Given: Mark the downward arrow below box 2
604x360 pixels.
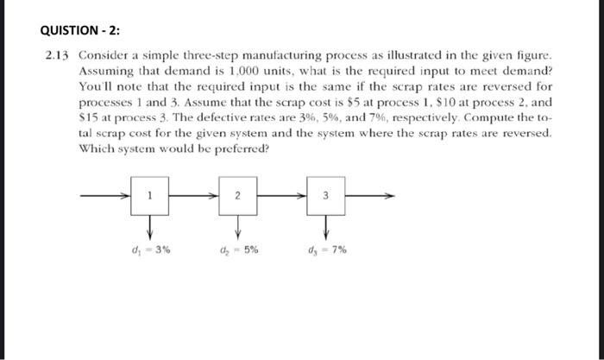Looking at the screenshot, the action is coord(238,226).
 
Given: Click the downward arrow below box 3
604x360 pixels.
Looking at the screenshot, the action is coord(326,226).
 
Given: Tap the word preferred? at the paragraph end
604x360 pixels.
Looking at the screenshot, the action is coord(240,148).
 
